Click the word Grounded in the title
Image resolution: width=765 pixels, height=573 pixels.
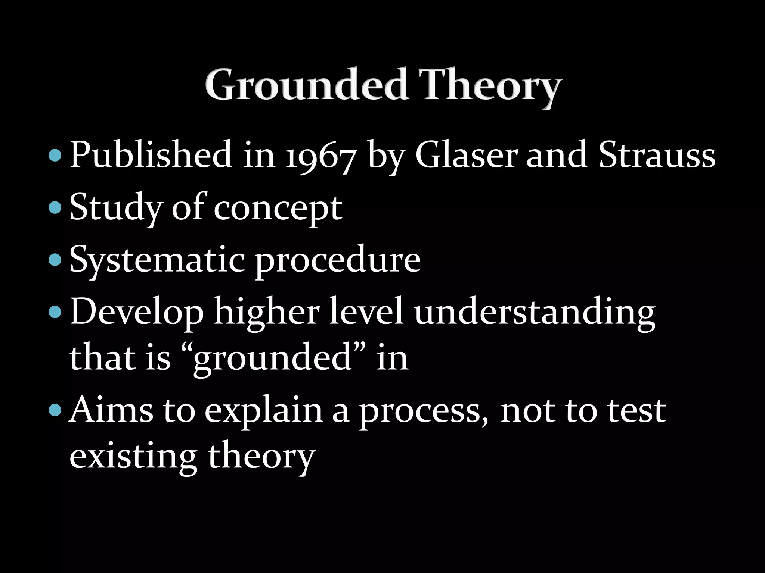[306, 85]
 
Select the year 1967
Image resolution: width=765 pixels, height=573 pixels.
[320, 156]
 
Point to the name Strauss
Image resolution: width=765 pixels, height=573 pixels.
[657, 155]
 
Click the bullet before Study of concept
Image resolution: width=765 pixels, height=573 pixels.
[55, 207]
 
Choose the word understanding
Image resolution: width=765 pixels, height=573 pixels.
[535, 313]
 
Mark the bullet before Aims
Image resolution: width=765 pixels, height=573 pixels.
[55, 410]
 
